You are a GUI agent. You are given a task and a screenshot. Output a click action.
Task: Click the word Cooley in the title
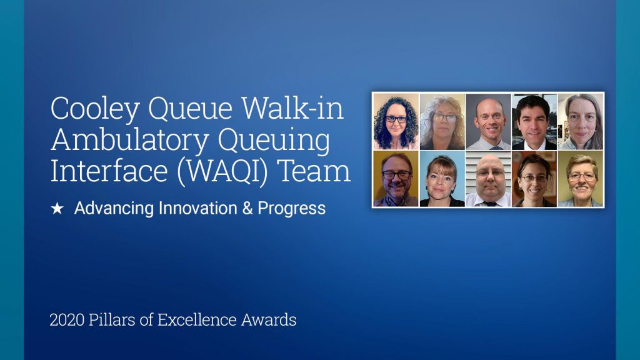[95, 109]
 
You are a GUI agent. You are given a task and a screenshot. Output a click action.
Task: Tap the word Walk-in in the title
[292, 108]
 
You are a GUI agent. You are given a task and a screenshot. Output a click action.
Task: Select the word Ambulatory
[130, 141]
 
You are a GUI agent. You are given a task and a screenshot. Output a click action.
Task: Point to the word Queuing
[274, 141]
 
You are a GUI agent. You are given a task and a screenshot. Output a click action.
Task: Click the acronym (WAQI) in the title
[222, 171]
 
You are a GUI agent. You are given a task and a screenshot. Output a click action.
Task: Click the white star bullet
[57, 209]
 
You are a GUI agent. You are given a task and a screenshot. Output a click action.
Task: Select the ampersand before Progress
[247, 209]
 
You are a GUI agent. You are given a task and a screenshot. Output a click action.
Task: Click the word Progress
[291, 209]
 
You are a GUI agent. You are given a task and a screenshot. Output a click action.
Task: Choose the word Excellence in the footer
[197, 319]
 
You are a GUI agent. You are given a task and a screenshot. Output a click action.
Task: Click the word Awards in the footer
[269, 319]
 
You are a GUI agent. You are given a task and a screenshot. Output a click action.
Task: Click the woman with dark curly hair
[396, 122]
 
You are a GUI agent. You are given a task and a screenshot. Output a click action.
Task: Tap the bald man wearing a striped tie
[488, 122]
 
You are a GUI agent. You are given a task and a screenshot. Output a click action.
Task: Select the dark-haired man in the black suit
[534, 122]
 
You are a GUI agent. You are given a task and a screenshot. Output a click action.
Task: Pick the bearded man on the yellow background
[396, 179]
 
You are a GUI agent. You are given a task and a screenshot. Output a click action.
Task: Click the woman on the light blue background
[442, 179]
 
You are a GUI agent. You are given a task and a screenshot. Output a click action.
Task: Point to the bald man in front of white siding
[488, 179]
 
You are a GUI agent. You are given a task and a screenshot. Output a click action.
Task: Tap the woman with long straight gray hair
[581, 122]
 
